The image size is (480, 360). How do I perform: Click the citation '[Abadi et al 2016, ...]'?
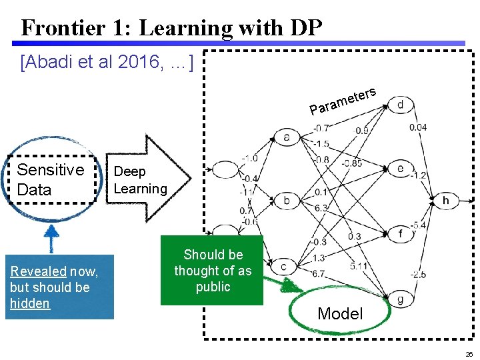click(x=107, y=63)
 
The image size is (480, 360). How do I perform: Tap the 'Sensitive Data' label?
click(x=51, y=179)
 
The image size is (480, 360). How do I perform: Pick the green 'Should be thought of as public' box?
click(x=212, y=271)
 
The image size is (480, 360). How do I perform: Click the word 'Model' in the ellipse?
click(x=340, y=313)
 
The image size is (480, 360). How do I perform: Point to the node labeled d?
click(x=400, y=105)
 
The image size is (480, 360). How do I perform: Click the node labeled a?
click(x=287, y=137)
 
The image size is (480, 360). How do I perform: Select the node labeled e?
click(x=400, y=169)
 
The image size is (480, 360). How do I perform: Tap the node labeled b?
click(x=287, y=201)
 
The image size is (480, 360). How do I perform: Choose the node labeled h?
click(x=445, y=200)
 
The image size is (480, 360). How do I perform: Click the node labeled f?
click(x=400, y=233)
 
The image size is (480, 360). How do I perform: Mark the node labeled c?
click(x=284, y=266)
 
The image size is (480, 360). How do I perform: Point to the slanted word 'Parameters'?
click(x=343, y=99)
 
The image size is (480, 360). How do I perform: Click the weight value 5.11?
click(x=359, y=267)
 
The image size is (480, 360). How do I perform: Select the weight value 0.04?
click(x=418, y=127)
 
